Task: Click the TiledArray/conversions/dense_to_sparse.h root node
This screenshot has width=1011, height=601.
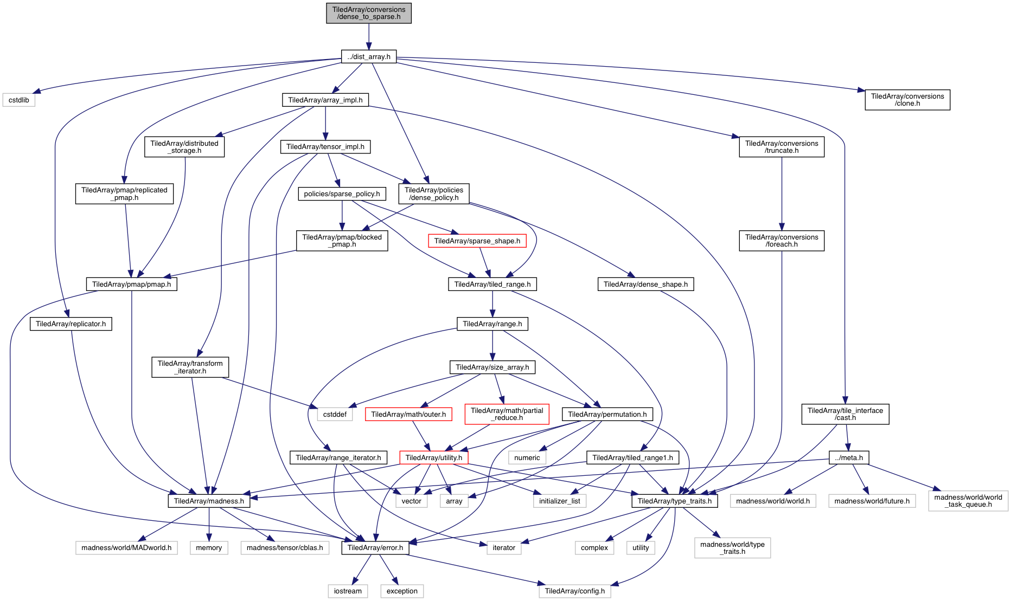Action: tap(369, 13)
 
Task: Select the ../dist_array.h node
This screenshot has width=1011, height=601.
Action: tap(369, 56)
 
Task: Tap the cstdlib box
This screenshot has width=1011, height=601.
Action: tap(19, 100)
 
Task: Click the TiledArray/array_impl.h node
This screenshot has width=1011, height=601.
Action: tap(325, 100)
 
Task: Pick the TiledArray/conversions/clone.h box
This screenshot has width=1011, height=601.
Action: tap(907, 100)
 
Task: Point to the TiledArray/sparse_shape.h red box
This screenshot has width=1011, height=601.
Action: tap(477, 241)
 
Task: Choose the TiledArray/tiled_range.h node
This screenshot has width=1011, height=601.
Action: tap(492, 284)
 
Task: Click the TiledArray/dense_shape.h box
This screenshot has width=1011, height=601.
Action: tap(645, 284)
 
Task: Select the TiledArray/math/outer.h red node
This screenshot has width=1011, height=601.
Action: tap(408, 414)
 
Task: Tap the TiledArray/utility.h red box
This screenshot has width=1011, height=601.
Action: tap(434, 457)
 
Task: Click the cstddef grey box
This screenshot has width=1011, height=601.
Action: tap(335, 414)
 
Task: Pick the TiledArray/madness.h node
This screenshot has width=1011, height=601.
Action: tap(209, 501)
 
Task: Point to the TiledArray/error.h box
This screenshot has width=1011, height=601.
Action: tap(375, 547)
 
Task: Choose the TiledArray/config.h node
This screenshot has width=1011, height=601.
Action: tap(574, 591)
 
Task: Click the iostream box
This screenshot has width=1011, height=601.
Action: tap(348, 591)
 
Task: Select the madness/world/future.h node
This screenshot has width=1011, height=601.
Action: tap(872, 501)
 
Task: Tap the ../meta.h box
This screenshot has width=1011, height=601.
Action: tap(849, 457)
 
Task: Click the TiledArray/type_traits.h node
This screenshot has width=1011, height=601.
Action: tap(675, 501)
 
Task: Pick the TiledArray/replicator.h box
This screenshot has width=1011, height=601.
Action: tap(71, 324)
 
